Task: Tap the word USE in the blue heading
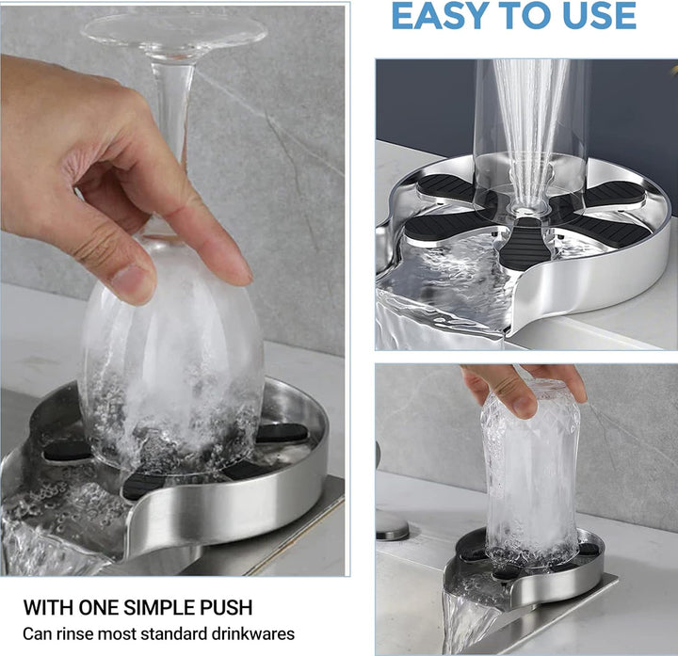(x=599, y=16)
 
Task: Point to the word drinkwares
(x=253, y=634)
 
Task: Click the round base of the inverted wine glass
(x=173, y=29)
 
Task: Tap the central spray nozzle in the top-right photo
(x=525, y=212)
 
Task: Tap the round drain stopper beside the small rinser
(x=392, y=526)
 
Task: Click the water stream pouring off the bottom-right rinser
(x=461, y=622)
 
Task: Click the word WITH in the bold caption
(x=48, y=607)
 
